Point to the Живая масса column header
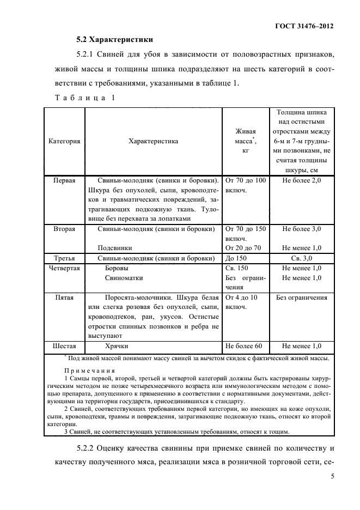pyautogui.click(x=245, y=141)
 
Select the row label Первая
pyautogui.click(x=64, y=180)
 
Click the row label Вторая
pyautogui.click(x=64, y=229)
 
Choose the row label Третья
pyautogui.click(x=64, y=258)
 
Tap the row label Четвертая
pyautogui.click(x=64, y=268)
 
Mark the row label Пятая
pyautogui.click(x=64, y=297)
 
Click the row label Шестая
pyautogui.click(x=64, y=346)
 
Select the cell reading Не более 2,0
pyautogui.click(x=302, y=180)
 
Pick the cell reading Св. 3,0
pyautogui.click(x=302, y=258)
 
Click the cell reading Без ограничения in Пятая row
pyautogui.click(x=302, y=297)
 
